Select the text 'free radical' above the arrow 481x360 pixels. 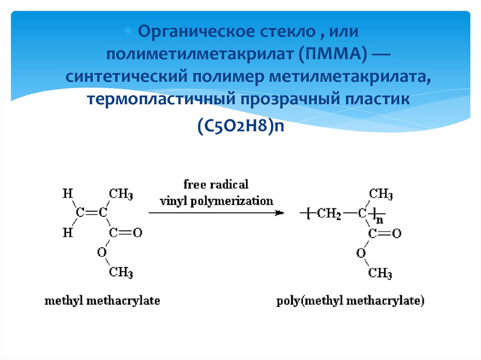(x=216, y=184)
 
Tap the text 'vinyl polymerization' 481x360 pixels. (x=216, y=201)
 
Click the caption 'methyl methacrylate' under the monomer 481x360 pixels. (x=102, y=300)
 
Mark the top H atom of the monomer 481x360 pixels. (x=68, y=193)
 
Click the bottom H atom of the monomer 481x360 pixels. (x=68, y=233)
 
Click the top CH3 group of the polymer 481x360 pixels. (x=380, y=193)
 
